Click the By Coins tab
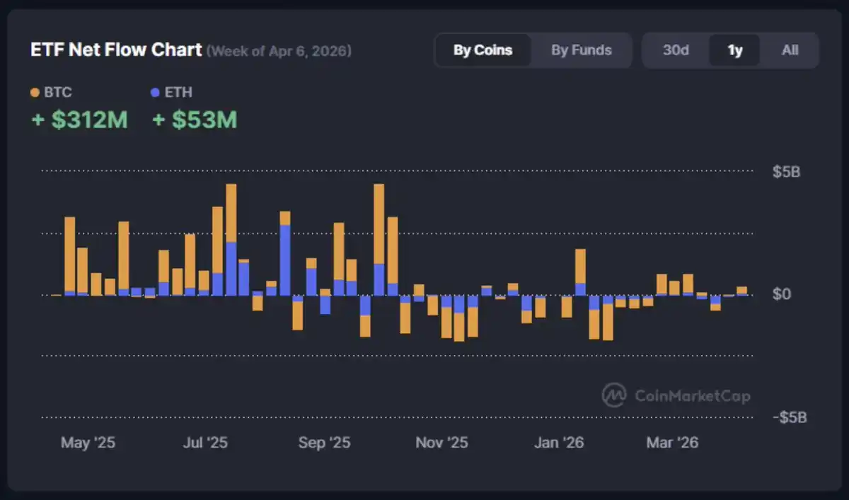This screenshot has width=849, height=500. coord(483,50)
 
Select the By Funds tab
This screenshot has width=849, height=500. coord(582,50)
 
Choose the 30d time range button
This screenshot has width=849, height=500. coord(676,50)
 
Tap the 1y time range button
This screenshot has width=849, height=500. coord(735,50)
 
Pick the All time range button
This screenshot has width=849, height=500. coord(790,50)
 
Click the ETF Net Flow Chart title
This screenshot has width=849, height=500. coord(116,51)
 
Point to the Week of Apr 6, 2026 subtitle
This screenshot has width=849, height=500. coord(279,51)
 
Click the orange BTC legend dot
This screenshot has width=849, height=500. coord(35,93)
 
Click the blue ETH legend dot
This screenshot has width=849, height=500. coord(156,93)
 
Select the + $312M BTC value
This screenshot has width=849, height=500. coord(79,120)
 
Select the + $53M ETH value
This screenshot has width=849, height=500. coord(195,120)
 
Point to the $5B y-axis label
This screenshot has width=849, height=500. coord(786,172)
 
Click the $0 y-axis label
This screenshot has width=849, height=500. coord(782,294)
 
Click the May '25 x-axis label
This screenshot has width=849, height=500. coord(88,443)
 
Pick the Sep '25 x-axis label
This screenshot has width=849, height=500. coord(324,443)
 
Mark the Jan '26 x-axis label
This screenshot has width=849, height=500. coord(559,443)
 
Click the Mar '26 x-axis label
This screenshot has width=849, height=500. coord(672,443)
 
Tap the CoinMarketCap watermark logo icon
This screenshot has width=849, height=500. coord(613,395)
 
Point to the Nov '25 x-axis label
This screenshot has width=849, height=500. coord(441,443)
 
